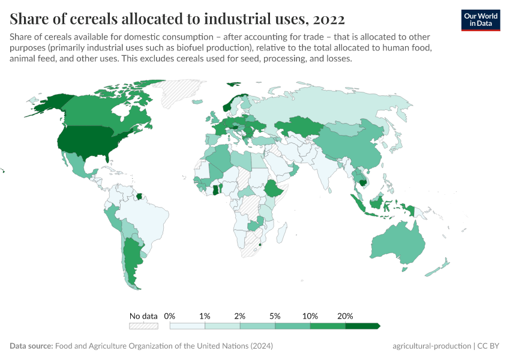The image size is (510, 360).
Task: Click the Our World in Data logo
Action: (x=480, y=19)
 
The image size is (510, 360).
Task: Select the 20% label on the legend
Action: (x=345, y=316)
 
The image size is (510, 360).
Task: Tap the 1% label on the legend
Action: (x=205, y=316)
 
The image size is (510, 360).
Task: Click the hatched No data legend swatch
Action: (x=143, y=326)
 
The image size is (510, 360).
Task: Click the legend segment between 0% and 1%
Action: (x=187, y=326)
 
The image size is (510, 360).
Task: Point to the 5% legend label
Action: (x=275, y=316)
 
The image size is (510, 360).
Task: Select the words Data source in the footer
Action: (x=31, y=346)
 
